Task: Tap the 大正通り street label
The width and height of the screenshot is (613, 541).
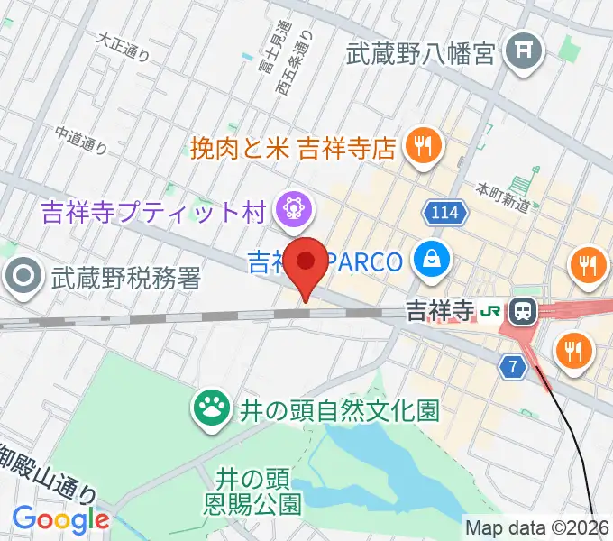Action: coord(124,46)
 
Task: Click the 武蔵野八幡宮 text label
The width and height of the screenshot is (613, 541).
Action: coord(421,54)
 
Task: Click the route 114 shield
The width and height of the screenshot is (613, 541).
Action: coord(441,213)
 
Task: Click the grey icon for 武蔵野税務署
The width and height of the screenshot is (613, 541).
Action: coord(21,277)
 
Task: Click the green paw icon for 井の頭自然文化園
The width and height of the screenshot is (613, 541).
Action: coord(212,410)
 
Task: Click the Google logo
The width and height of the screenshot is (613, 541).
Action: coord(60,519)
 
